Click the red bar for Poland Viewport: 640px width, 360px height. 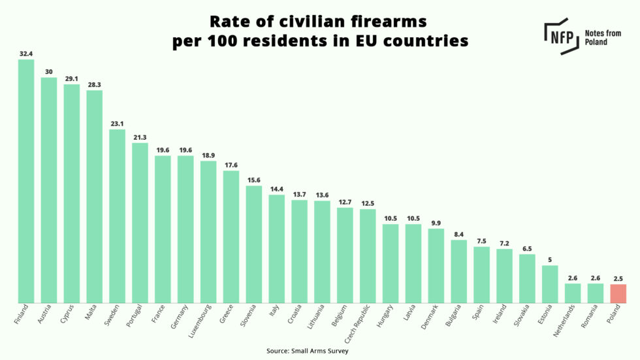click(618, 293)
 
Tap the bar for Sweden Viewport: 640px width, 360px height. click(117, 216)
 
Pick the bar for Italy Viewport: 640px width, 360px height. click(276, 249)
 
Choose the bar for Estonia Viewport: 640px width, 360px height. click(550, 284)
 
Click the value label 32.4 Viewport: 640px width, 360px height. click(26, 54)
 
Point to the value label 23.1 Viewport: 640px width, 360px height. click(117, 123)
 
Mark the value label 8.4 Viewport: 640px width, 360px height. click(458, 234)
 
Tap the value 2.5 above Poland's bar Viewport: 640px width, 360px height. click(618, 278)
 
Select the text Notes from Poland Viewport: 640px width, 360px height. click(605, 37)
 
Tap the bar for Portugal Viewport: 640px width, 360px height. click(140, 223)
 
